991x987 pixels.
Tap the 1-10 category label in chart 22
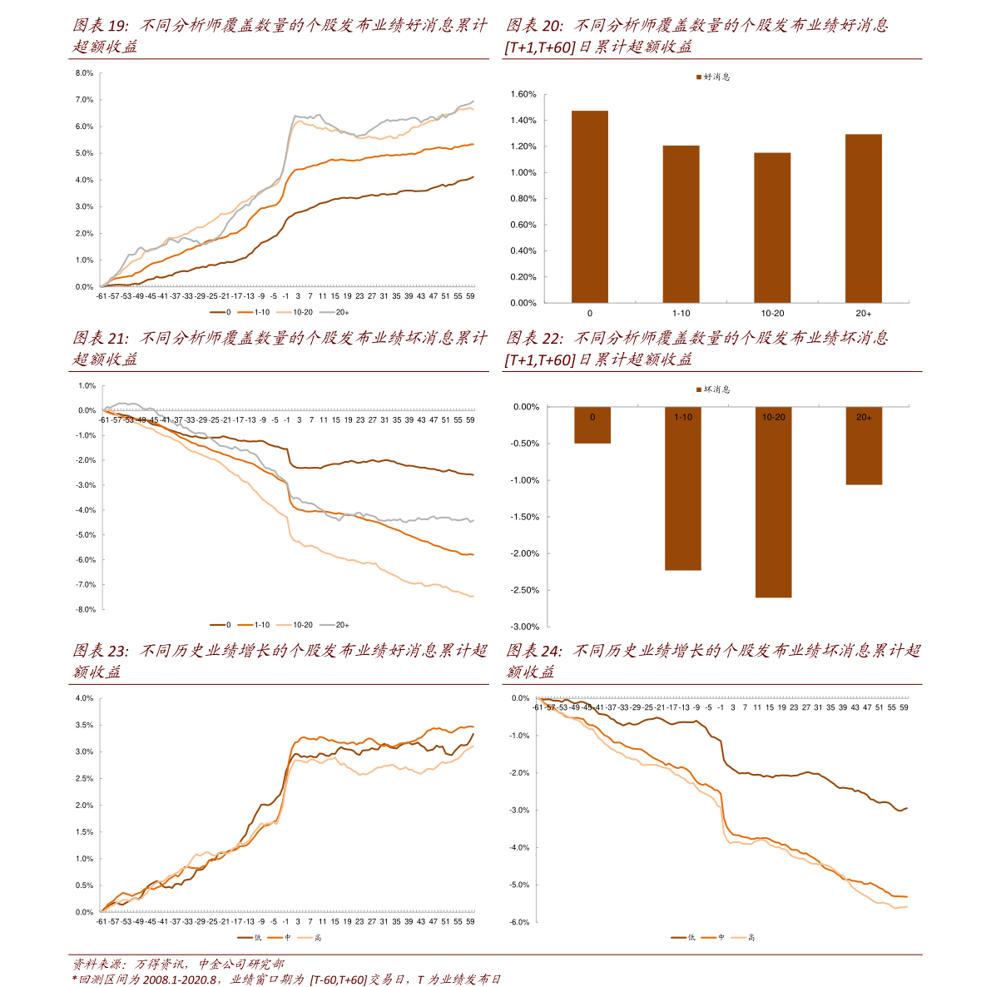683,417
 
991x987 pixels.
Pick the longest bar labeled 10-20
773,508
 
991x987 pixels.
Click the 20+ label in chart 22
864,417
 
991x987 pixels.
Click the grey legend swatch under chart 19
327,312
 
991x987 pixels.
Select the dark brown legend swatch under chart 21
217,624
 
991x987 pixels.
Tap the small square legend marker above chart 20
699,77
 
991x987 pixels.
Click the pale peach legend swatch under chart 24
739,937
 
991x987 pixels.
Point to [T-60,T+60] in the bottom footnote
337,980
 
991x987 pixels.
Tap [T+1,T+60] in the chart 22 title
540,360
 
